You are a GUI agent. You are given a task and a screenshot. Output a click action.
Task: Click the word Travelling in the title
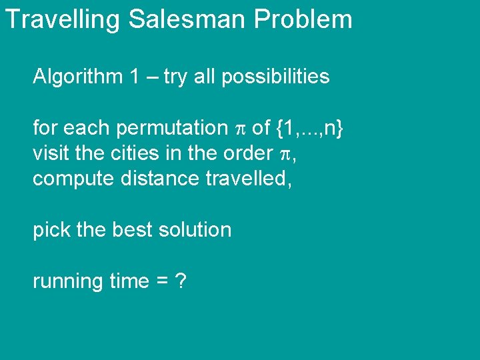62,19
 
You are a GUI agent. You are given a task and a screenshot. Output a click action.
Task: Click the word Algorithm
77,77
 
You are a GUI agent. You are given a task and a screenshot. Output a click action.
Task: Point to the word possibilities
275,77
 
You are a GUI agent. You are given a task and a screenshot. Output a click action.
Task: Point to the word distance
149,178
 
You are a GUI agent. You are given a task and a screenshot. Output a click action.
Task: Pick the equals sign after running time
161,281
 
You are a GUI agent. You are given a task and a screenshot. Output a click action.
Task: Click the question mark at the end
179,281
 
